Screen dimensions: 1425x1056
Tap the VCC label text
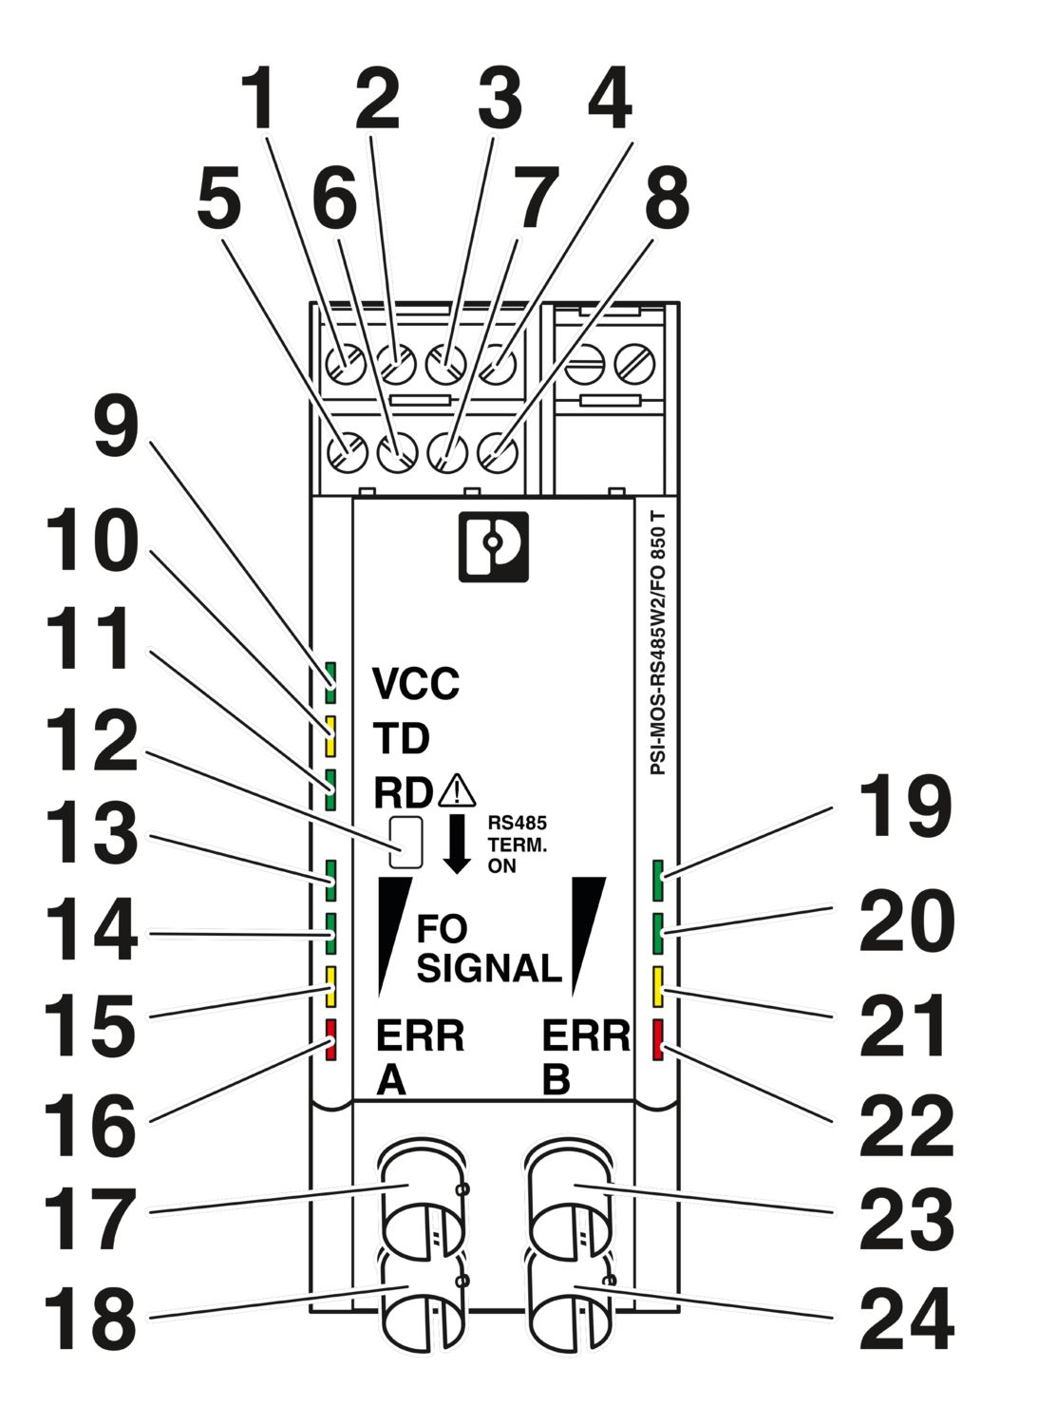point(415,683)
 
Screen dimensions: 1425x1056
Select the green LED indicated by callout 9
point(331,675)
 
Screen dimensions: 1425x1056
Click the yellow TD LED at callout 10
point(331,735)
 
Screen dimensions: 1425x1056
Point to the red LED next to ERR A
point(331,1039)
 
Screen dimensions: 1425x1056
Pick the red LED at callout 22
point(657,1039)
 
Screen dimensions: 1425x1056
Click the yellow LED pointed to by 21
point(657,986)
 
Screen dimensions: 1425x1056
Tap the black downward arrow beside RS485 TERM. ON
point(458,842)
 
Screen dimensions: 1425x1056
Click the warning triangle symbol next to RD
point(457,789)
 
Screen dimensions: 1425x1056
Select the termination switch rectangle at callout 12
point(405,841)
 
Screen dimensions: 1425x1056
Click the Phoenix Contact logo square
point(493,547)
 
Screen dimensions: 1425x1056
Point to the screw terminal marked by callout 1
point(343,363)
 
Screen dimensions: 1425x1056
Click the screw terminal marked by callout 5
point(346,451)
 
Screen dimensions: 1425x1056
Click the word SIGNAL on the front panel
point(489,968)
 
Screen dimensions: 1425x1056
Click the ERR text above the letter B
point(585,1035)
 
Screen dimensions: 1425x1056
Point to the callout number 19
point(904,807)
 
